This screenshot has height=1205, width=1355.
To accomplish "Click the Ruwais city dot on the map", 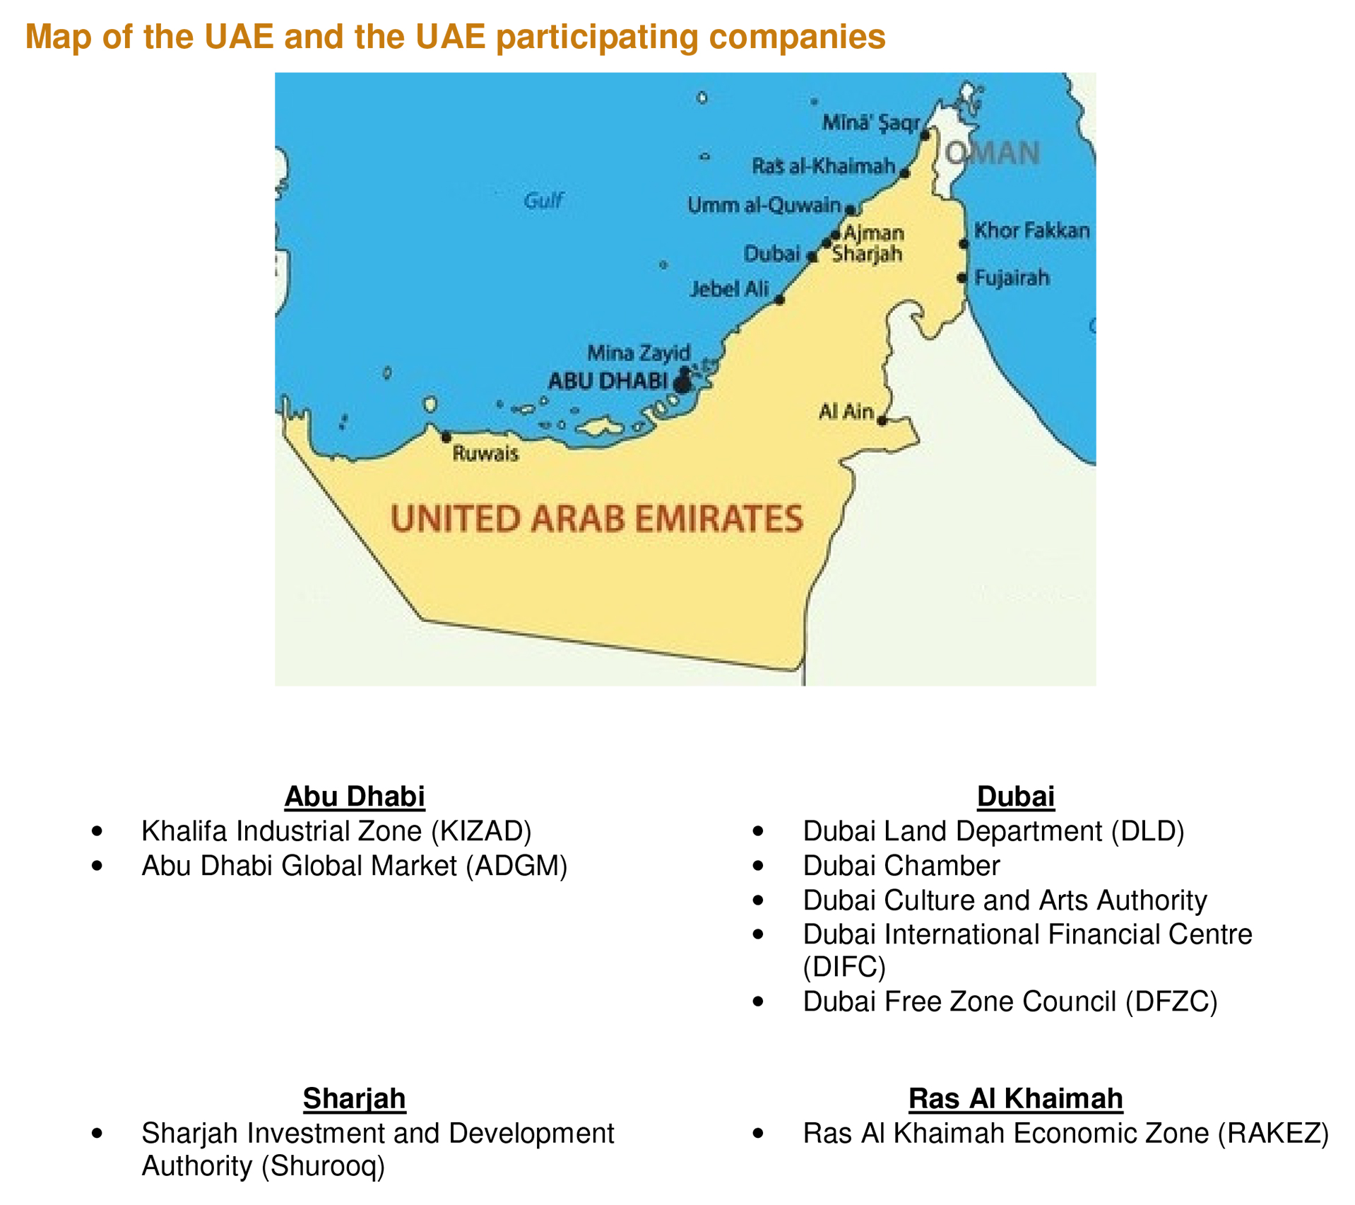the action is coord(446,437).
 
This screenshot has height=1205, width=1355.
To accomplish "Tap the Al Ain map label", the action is coord(846,411).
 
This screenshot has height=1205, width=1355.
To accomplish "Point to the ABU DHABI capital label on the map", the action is coord(608,381).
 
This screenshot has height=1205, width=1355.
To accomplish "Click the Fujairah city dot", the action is coord(961,278).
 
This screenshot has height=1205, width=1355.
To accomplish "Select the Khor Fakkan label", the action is coord(1031,230).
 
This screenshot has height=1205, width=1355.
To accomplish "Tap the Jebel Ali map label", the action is coord(729,288).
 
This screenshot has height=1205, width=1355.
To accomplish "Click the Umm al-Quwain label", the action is coord(764,205).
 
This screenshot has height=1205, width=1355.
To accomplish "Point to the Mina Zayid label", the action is coord(639,353).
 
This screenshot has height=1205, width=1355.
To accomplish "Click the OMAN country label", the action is coord(993,153).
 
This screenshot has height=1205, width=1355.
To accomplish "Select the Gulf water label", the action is coord(543,201).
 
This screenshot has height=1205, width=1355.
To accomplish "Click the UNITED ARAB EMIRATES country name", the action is coord(597,518).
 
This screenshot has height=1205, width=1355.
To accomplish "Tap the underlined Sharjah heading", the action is coord(354,1098).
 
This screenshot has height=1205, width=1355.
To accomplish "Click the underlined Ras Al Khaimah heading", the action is coord(1015,1098).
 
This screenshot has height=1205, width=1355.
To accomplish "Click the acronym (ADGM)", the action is coord(516,866).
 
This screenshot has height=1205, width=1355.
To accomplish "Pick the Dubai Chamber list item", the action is coord(901,866).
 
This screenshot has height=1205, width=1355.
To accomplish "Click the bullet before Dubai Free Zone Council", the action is coord(758,1001).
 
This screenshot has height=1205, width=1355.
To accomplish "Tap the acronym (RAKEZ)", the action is coord(1273,1133).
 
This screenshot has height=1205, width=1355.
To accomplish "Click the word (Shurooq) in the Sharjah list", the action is coord(323,1165).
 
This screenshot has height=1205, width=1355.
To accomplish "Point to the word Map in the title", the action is coord(59,37).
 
